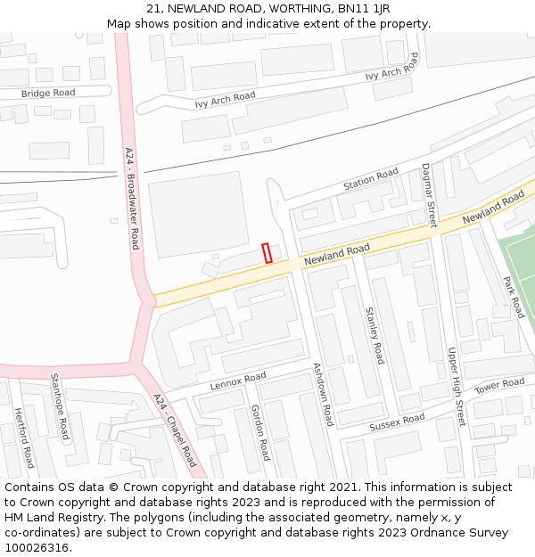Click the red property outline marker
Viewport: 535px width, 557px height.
pos(267,253)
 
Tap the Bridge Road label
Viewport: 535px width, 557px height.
pos(48,93)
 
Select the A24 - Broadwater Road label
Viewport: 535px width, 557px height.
pos(132,198)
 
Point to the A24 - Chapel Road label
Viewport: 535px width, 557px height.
pos(174,430)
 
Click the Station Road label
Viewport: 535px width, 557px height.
pos(371,179)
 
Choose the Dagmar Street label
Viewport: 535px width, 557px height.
pos(429,195)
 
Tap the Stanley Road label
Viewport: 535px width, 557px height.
pos(374,335)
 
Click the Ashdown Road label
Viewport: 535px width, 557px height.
pos(322,394)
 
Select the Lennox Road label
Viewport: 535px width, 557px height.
pos(238,382)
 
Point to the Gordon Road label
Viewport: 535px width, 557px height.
pos(259,431)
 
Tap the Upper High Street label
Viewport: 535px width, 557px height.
pos(456,387)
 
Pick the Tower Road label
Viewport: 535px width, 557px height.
pos(499,386)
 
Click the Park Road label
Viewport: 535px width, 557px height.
pos(513,297)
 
